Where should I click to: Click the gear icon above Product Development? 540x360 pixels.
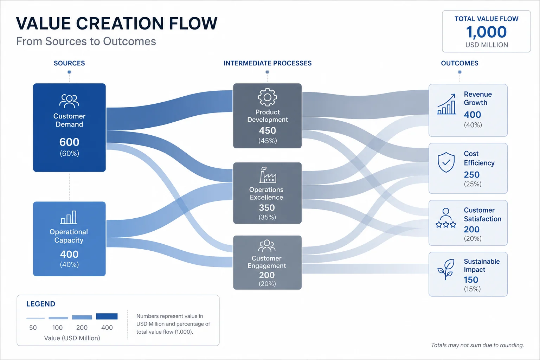click(x=267, y=97)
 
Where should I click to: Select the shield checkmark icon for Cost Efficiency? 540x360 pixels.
click(x=446, y=162)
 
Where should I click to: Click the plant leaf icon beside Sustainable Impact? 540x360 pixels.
click(x=446, y=269)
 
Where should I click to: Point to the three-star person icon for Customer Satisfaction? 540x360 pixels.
click(x=446, y=218)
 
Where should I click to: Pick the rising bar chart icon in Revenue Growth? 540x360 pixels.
click(x=446, y=104)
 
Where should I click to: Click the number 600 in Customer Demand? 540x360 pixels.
click(x=69, y=142)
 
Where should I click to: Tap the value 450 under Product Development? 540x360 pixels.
click(x=267, y=130)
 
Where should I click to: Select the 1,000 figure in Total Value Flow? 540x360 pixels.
click(x=486, y=32)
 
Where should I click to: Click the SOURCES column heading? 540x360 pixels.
click(x=69, y=63)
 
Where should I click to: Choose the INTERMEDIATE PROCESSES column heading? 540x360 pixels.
click(x=268, y=63)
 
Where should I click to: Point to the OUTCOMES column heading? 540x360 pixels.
click(x=459, y=63)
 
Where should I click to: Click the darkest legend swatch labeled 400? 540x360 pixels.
click(x=107, y=316)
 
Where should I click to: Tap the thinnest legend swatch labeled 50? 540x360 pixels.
click(x=36, y=318)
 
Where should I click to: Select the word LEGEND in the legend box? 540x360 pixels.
click(x=41, y=304)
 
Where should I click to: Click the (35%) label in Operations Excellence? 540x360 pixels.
click(x=267, y=217)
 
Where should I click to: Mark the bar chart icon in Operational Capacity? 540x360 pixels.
click(x=69, y=217)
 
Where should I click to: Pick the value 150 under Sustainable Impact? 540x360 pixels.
click(x=471, y=280)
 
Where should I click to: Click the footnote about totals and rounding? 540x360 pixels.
click(x=477, y=345)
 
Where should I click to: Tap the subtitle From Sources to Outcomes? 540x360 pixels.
click(x=86, y=41)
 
